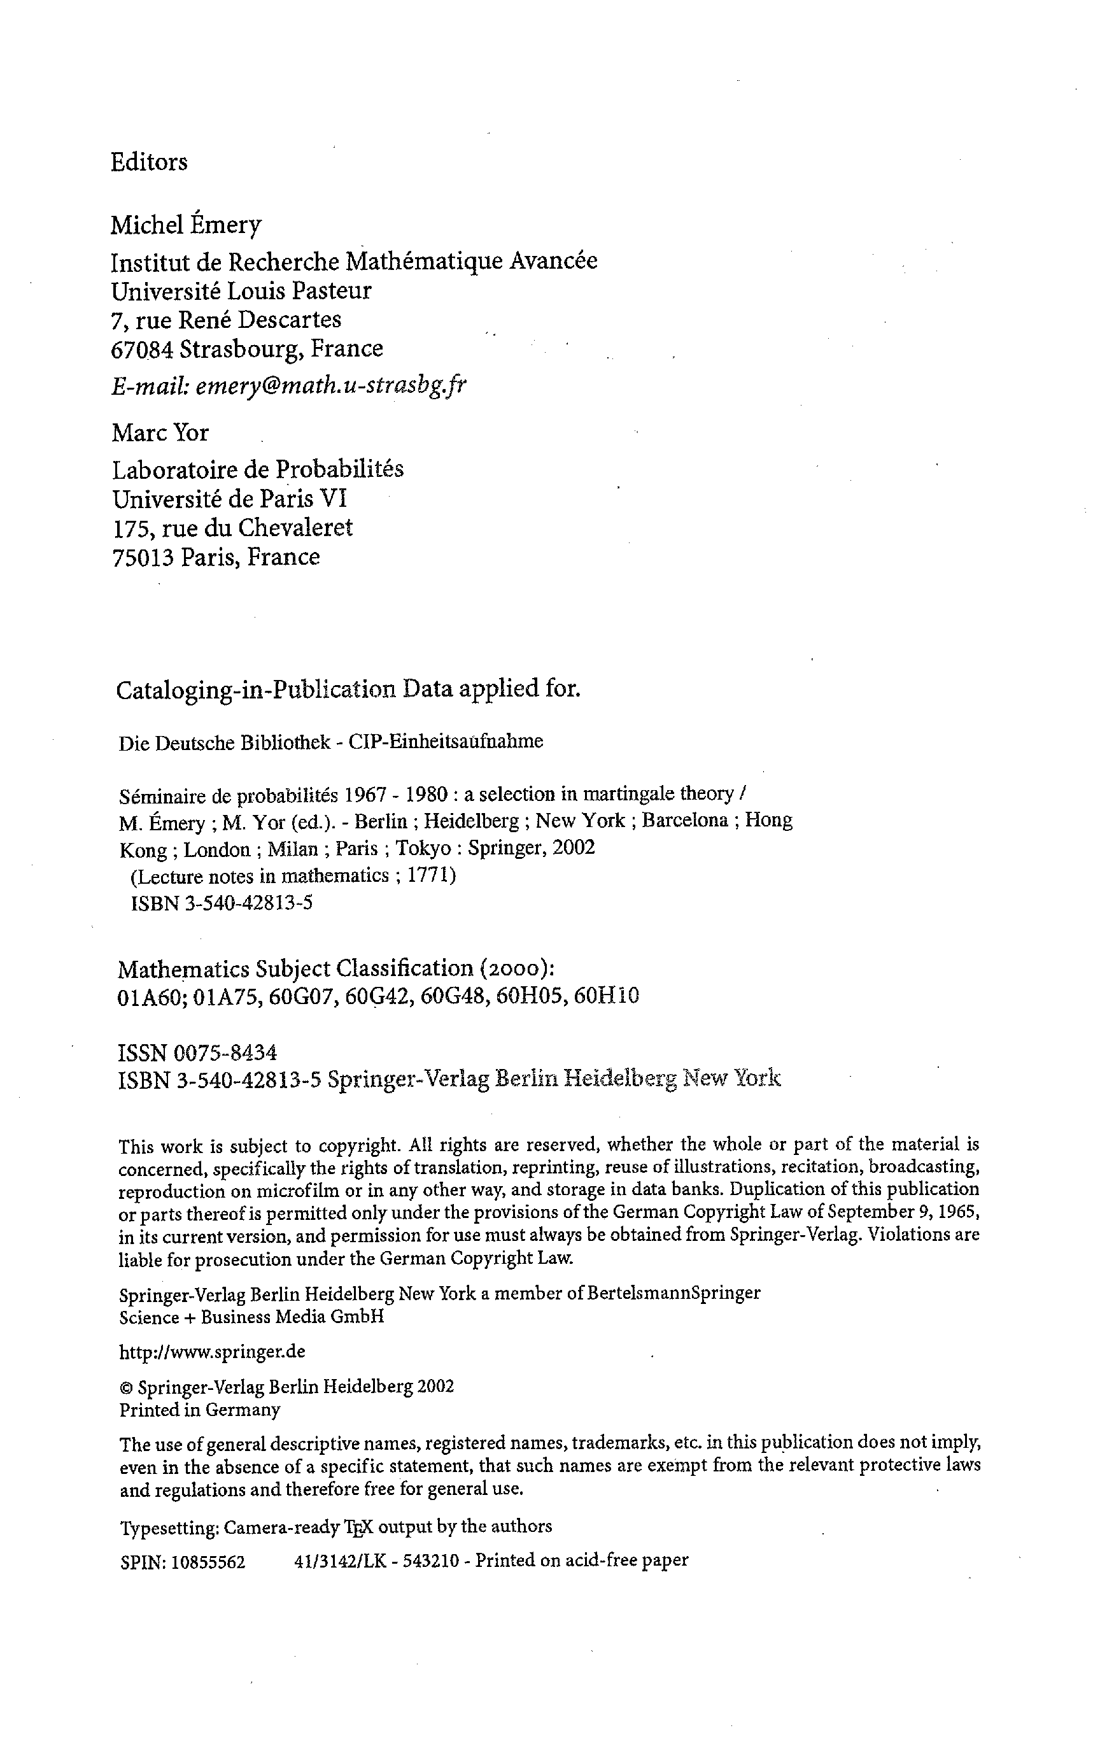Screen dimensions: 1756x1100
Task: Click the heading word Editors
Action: [148, 162]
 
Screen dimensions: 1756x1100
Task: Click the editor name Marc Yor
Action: [160, 433]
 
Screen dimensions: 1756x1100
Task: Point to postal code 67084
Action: [141, 349]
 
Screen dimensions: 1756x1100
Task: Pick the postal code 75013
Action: [143, 557]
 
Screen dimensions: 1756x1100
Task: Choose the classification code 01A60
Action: [148, 995]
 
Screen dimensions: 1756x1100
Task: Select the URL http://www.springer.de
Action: [212, 1352]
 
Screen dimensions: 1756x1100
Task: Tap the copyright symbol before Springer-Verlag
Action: [125, 1387]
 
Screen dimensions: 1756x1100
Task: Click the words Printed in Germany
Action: [199, 1410]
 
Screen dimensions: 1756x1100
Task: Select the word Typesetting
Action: [169, 1527]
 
